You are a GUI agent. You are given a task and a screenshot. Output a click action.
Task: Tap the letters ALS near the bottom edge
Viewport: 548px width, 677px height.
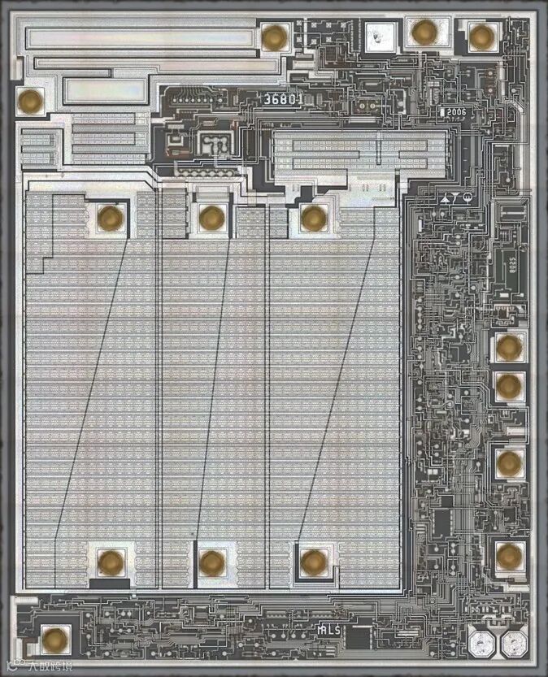(329, 629)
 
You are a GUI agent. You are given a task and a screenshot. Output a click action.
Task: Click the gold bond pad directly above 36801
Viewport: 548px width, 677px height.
(275, 37)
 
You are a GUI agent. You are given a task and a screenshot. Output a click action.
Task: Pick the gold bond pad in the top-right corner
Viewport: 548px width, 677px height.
(481, 36)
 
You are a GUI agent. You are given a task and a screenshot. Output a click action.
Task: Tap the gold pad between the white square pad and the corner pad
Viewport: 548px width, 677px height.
(424, 33)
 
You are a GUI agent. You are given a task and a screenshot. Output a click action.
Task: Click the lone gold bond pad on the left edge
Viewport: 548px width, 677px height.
(31, 102)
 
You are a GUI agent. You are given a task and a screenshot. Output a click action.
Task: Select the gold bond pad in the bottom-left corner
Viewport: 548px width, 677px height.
(54, 640)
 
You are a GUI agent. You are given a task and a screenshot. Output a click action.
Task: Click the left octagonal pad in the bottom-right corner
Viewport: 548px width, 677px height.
(481, 646)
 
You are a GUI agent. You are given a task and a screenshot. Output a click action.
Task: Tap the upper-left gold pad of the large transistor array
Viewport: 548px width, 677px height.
(111, 218)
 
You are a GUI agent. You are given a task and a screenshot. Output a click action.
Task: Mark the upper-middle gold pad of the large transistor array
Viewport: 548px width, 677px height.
(211, 218)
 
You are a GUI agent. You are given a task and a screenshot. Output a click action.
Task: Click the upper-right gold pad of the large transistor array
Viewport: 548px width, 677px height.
(313, 218)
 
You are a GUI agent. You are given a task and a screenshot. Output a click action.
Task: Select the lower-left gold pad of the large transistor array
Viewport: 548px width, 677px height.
(111, 562)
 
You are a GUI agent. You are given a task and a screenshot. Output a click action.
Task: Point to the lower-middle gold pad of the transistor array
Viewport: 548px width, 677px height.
(211, 562)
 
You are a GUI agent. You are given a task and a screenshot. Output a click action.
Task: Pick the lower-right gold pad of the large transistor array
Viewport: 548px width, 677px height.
(313, 562)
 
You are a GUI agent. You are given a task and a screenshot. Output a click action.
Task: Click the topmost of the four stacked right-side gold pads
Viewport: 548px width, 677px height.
(509, 348)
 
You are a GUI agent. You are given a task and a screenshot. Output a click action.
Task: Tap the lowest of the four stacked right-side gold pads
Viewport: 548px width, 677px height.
(509, 557)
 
